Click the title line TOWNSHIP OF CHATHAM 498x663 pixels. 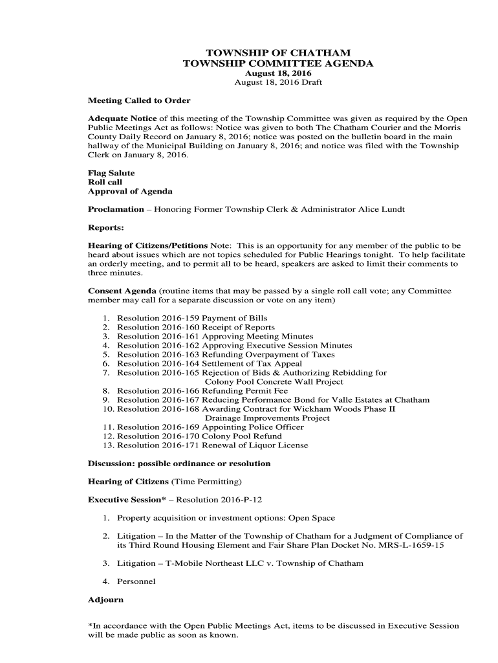[x=278, y=52]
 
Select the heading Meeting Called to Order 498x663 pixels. [x=139, y=100]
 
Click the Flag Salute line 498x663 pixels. [x=111, y=173]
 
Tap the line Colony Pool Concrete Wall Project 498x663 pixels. [x=274, y=381]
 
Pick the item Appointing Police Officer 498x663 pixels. [x=253, y=427]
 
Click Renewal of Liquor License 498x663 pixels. [x=255, y=445]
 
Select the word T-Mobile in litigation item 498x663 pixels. [x=187, y=563]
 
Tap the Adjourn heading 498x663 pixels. [x=105, y=599]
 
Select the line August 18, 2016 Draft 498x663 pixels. [x=278, y=82]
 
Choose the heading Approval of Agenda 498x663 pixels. [x=130, y=191]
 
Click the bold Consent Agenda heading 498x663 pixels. [x=122, y=291]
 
